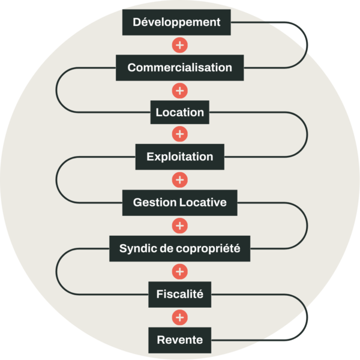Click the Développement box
pyautogui.click(x=176, y=23)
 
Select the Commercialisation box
pyautogui.click(x=179, y=67)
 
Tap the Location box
pyautogui.click(x=179, y=112)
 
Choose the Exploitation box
pyautogui.click(x=179, y=157)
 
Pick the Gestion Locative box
pyautogui.click(x=179, y=203)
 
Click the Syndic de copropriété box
pyautogui.click(x=179, y=248)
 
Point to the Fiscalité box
pyautogui.click(x=179, y=295)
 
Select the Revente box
pyautogui.click(x=179, y=340)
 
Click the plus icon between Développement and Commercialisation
pyautogui.click(x=179, y=45)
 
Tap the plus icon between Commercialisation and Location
pyautogui.click(x=179, y=91)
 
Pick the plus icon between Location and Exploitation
pyautogui.click(x=179, y=134)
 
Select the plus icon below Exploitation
pyautogui.click(x=179, y=180)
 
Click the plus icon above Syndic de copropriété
pyautogui.click(x=179, y=226)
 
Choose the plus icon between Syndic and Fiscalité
pyautogui.click(x=179, y=272)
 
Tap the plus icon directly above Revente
pyautogui.click(x=179, y=317)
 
